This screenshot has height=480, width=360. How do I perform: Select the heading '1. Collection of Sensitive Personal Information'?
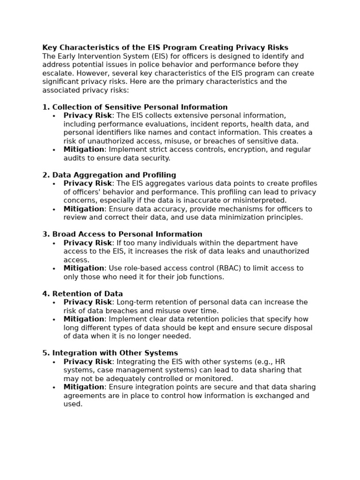pos(135,107)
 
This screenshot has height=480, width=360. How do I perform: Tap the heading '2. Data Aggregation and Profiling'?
pos(109,175)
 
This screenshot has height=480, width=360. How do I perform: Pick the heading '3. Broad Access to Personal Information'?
pos(122,234)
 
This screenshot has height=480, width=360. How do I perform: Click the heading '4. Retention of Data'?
pos(82,294)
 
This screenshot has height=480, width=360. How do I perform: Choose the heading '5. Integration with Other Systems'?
pos(110,353)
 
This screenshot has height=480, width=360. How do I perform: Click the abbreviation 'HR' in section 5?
pos(280,362)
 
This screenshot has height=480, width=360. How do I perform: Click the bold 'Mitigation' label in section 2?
pos(84,209)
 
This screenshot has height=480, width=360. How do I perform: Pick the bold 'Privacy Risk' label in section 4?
pos(88,302)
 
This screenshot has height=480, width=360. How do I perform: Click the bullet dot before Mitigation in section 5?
pos(54,388)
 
